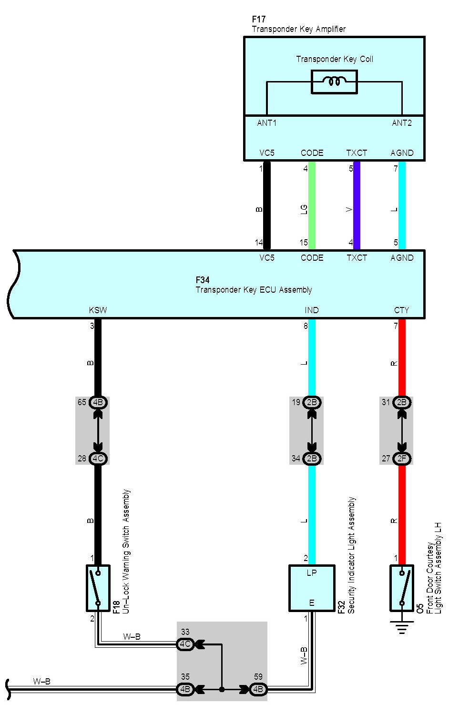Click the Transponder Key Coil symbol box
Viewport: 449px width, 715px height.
point(334,82)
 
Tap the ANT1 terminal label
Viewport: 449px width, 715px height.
point(267,123)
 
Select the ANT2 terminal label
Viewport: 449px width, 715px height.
point(402,123)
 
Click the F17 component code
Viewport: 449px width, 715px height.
point(258,20)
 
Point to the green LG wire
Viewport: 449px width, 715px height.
point(312,205)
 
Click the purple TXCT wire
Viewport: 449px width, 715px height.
point(357,205)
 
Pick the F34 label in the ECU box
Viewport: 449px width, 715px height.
point(203,280)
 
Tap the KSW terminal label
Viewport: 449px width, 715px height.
point(98,310)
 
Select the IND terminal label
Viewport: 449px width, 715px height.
point(312,310)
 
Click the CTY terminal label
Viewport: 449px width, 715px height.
point(401,310)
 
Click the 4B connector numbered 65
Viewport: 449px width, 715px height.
point(98,402)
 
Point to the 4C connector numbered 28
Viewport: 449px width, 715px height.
point(98,459)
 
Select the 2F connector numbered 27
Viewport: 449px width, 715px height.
point(402,459)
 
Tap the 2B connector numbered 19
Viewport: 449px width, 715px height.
point(312,402)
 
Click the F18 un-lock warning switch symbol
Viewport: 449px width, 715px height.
point(98,588)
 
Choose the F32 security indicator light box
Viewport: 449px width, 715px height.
point(312,588)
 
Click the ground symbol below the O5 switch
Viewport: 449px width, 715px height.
point(402,627)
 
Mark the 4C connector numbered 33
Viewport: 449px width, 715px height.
point(185,644)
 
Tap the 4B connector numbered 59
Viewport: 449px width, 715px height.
point(258,689)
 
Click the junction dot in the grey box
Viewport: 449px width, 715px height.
point(222,689)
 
